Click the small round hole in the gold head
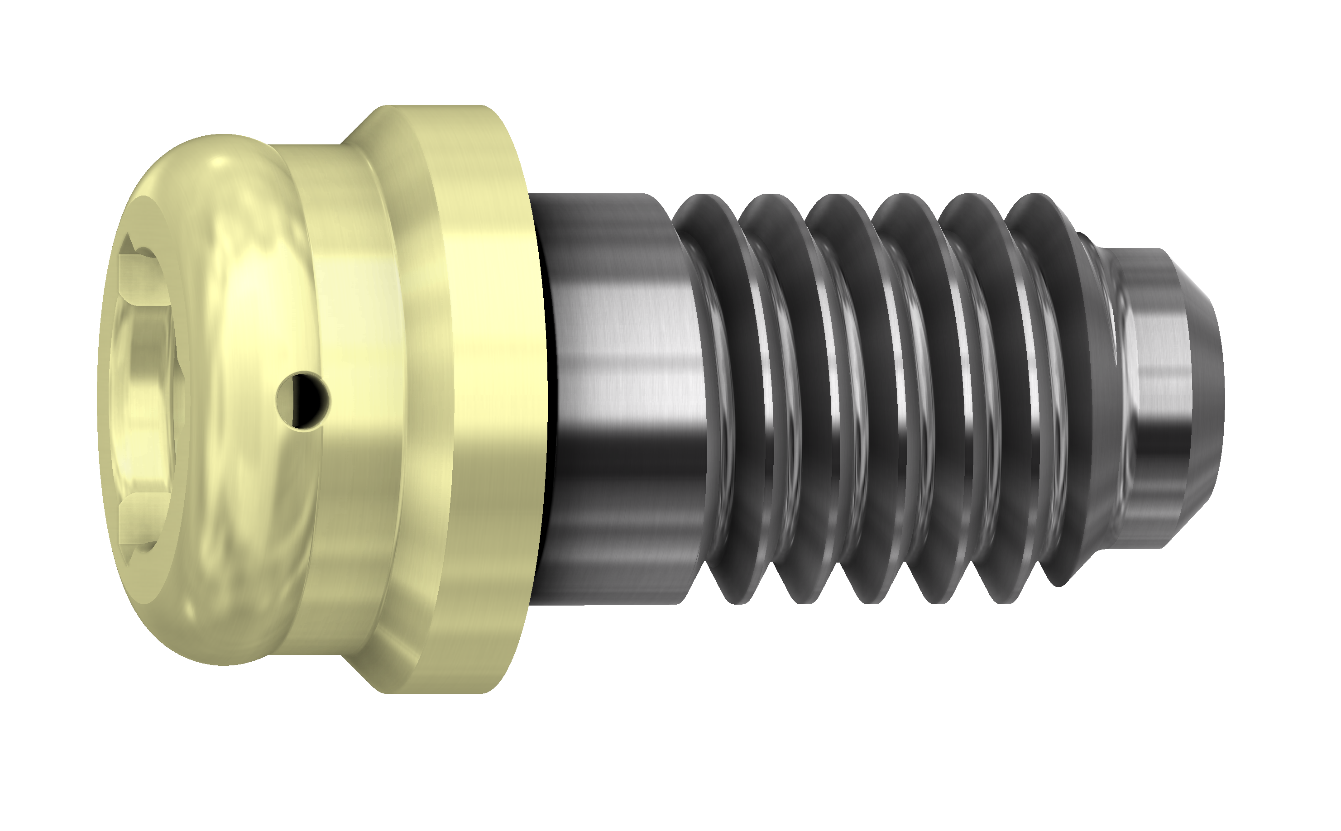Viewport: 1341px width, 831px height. (x=303, y=400)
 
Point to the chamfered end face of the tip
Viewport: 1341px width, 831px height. (x=1207, y=396)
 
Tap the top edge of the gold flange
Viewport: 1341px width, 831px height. (x=440, y=108)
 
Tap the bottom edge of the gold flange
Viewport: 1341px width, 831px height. (x=440, y=690)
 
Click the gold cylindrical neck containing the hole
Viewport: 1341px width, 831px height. (x=352, y=396)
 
